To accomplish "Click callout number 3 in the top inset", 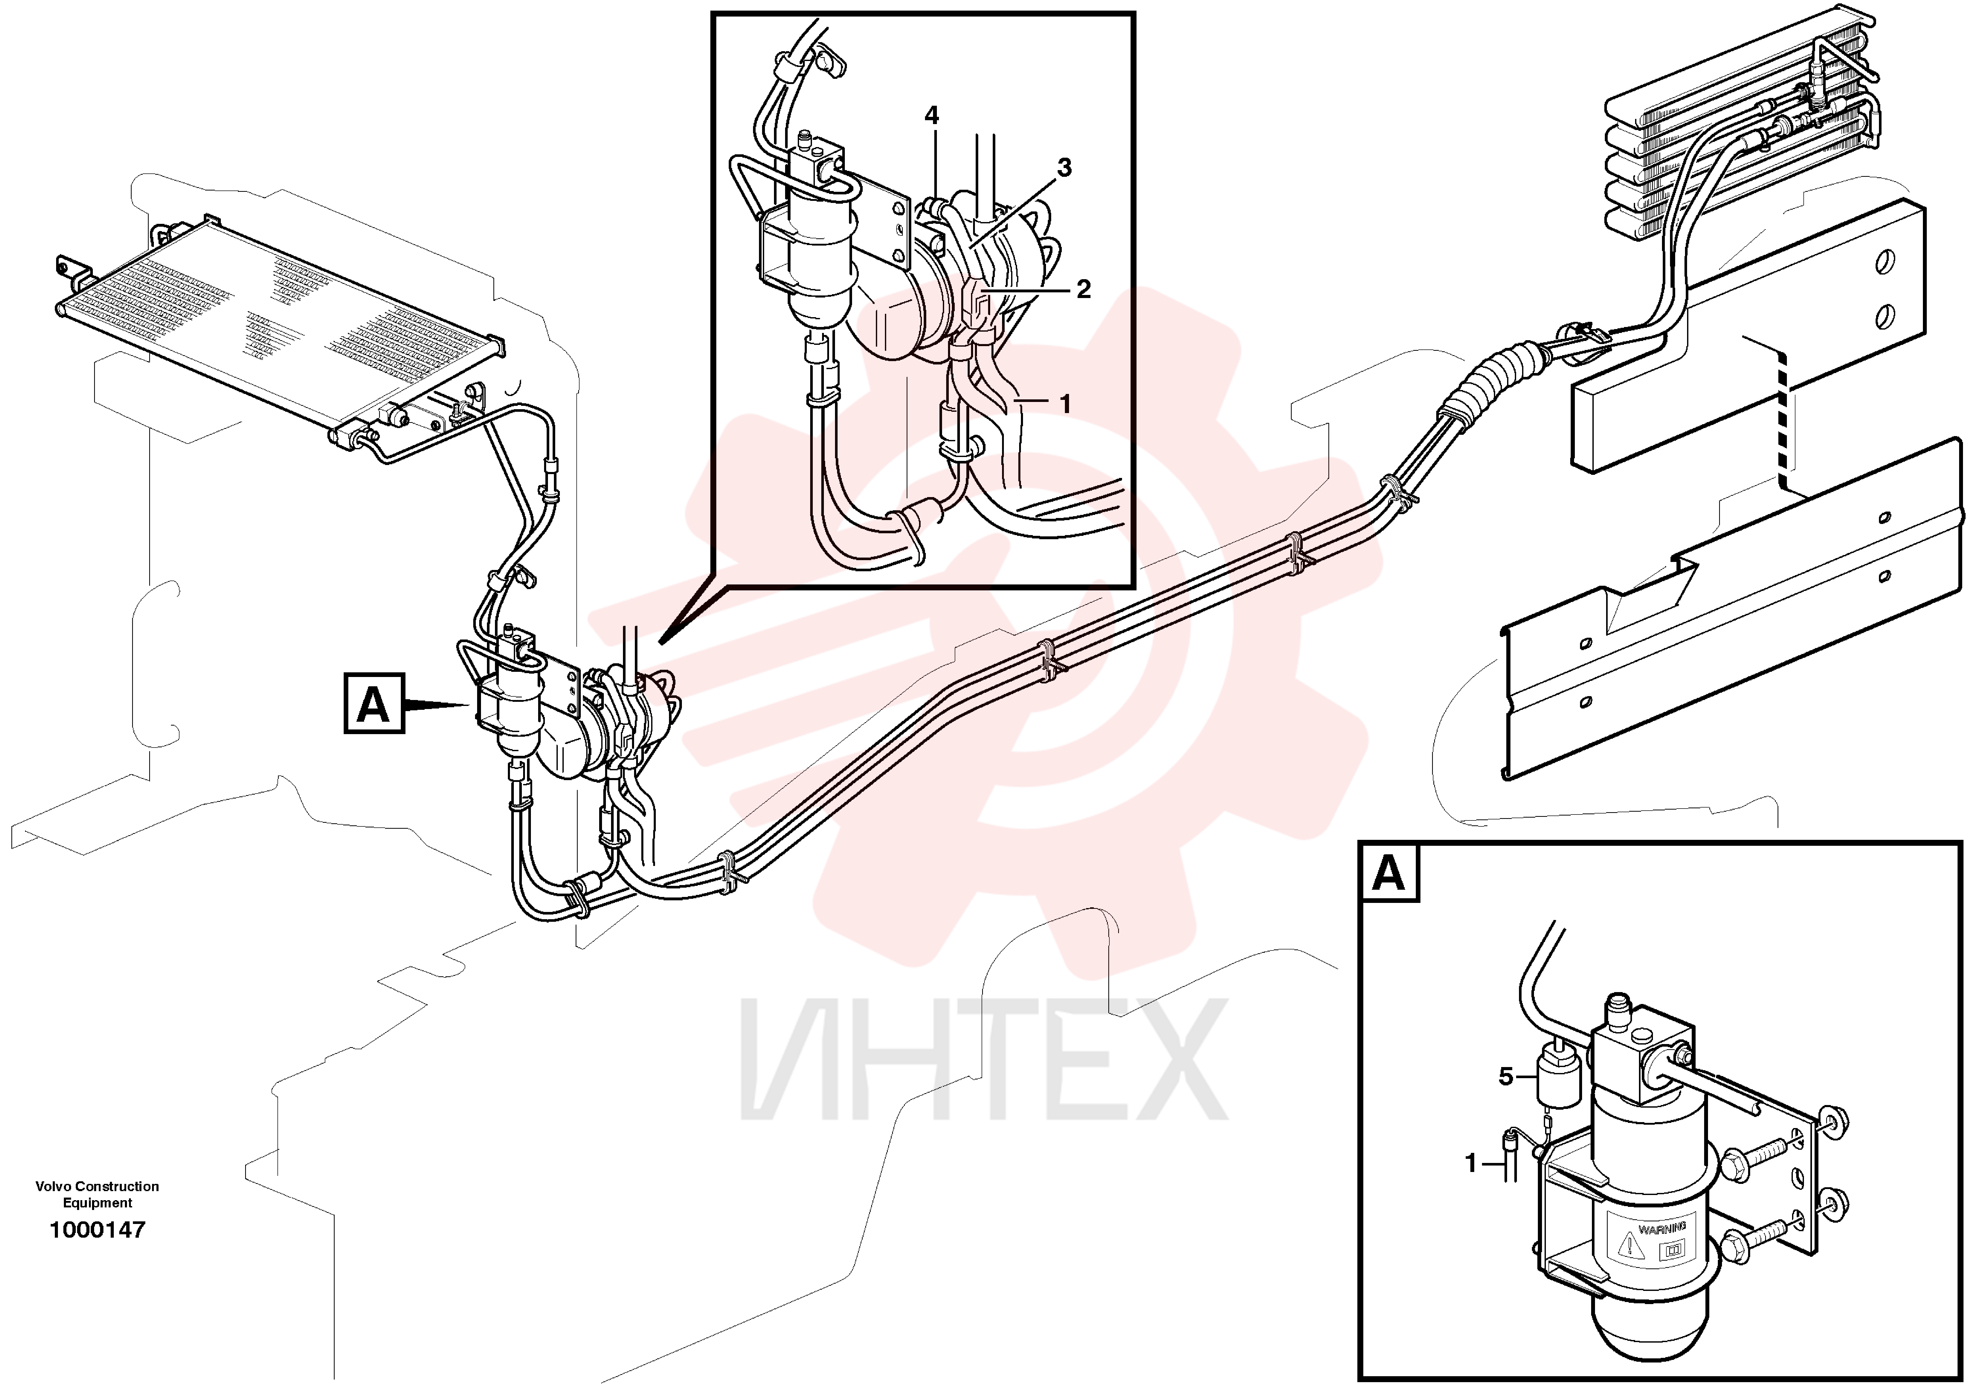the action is tap(1064, 168).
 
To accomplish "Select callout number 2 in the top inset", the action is tap(1083, 289).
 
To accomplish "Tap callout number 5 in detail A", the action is tap(1506, 1076).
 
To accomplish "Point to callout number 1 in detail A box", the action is tap(1471, 1164).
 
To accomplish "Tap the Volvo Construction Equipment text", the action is tap(97, 1194).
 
